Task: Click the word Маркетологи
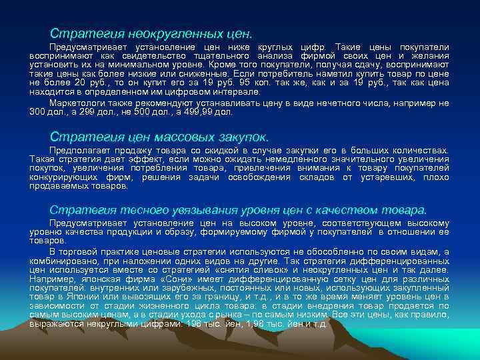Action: coord(75,103)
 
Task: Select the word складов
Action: coord(318,177)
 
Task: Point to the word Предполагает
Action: coord(77,151)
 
